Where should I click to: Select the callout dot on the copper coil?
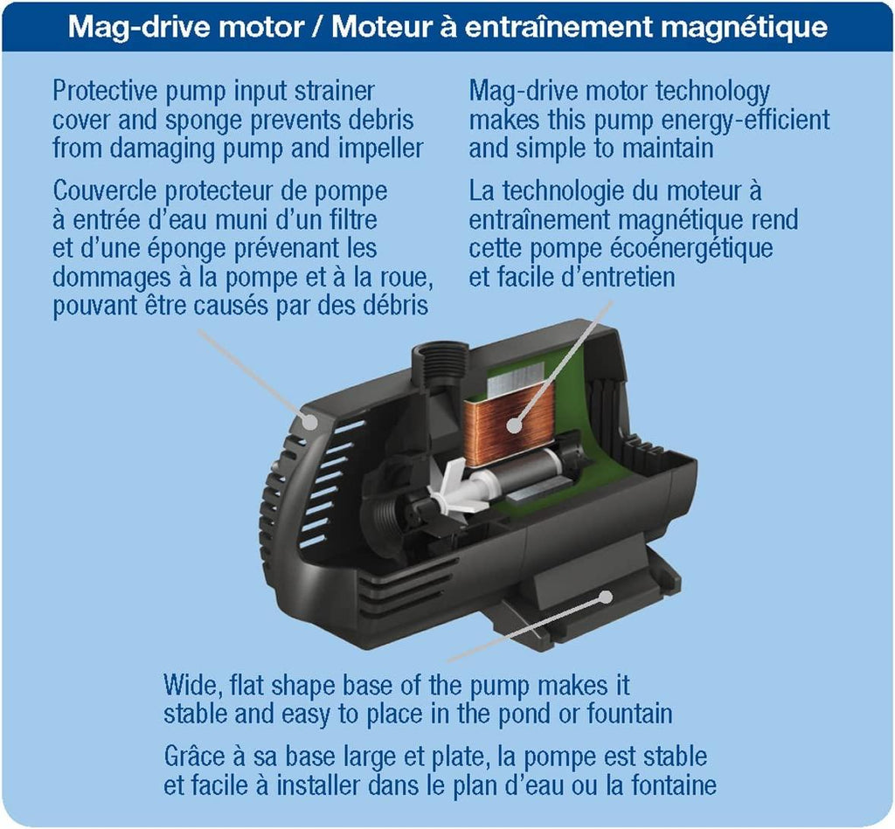514,425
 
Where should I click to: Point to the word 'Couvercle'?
105,191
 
